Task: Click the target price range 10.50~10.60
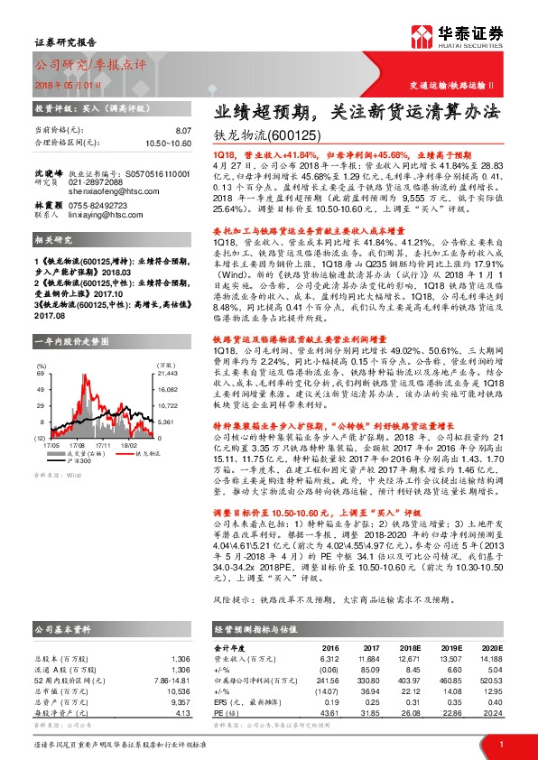coord(169,143)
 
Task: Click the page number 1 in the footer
coord(500,743)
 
